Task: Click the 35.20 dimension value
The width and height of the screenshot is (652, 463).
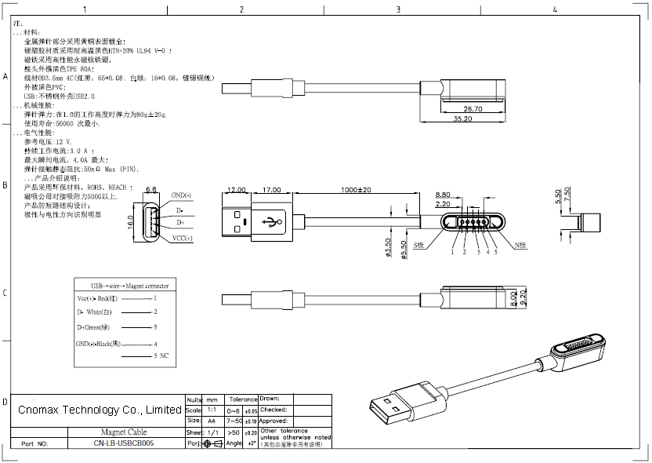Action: click(x=462, y=119)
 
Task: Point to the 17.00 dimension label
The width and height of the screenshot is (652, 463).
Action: click(x=273, y=191)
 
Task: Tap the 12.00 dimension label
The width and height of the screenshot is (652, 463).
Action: click(x=236, y=191)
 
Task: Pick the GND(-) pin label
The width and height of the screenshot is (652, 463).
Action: click(x=181, y=195)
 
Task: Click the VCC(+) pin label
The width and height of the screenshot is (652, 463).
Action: click(x=182, y=238)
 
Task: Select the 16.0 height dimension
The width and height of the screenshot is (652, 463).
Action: click(x=130, y=224)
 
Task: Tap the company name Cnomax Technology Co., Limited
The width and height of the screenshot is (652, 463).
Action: click(x=100, y=410)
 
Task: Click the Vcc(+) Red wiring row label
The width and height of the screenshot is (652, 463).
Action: click(x=97, y=299)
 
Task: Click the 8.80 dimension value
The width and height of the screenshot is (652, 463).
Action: click(x=442, y=195)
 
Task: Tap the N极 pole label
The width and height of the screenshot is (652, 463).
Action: click(x=520, y=246)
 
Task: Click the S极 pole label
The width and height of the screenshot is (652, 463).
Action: click(x=419, y=246)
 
